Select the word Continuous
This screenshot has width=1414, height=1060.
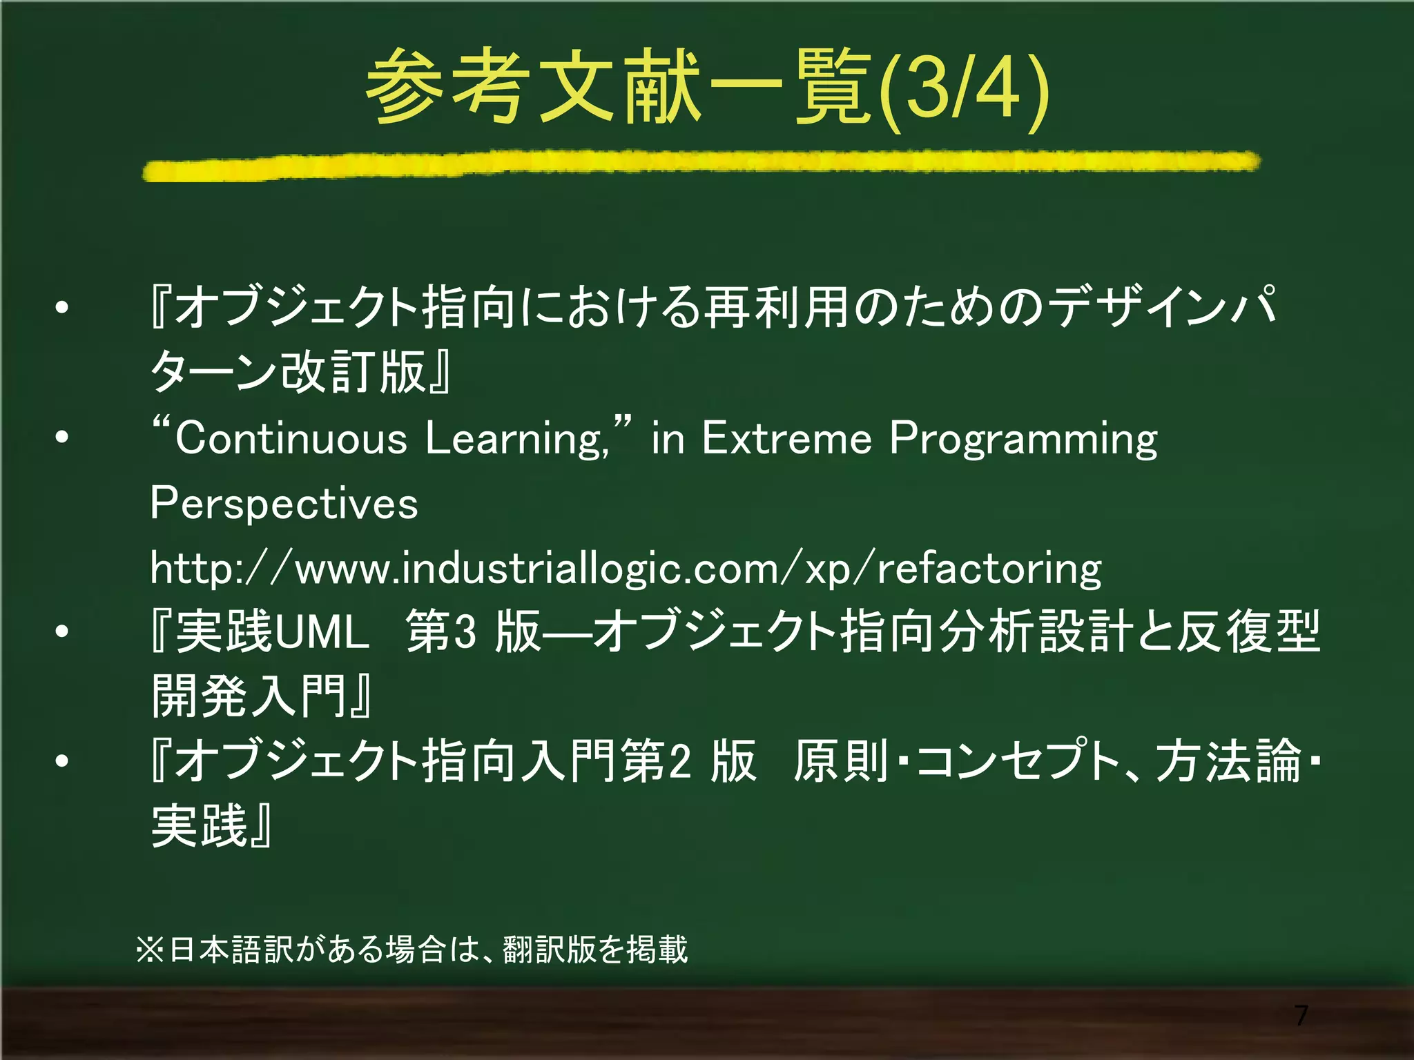coord(291,439)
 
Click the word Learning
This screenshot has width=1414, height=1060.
coord(516,439)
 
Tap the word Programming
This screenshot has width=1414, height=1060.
coord(1023,439)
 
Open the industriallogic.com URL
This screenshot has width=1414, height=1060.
coord(626,569)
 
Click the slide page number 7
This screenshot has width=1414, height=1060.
coord(1301,1015)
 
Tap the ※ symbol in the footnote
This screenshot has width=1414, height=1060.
coord(150,950)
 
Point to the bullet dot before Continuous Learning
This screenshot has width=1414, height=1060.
coord(62,438)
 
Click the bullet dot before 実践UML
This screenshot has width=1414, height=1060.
coord(62,631)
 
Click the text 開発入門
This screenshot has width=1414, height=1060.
coord(249,696)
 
